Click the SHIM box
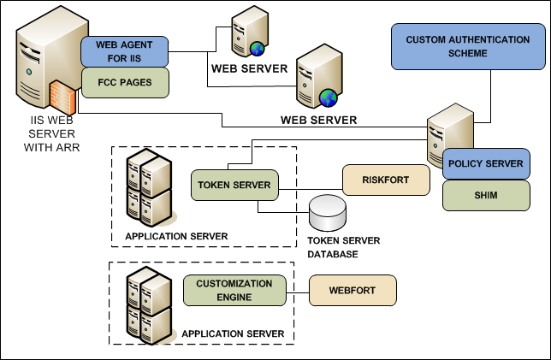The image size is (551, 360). click(x=479, y=196)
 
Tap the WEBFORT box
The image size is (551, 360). click(x=353, y=290)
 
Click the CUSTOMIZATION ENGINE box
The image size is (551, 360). click(x=234, y=290)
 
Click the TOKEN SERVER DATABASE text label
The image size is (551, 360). click(x=342, y=248)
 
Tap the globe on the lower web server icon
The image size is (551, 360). click(x=325, y=95)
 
